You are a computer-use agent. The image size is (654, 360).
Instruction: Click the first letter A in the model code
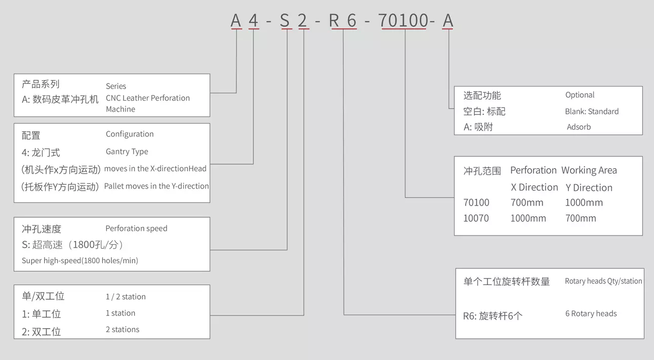236,21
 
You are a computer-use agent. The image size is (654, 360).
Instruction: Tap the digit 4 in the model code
254,21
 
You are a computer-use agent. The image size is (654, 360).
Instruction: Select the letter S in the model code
285,21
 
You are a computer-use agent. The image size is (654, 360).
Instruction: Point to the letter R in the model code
334,21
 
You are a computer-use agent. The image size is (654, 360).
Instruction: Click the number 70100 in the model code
403,21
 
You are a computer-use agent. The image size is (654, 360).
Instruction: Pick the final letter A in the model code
447,21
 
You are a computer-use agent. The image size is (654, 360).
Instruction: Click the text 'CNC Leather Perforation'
148,98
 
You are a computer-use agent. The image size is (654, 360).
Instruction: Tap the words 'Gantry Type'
127,151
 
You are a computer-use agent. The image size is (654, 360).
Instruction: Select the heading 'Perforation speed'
136,228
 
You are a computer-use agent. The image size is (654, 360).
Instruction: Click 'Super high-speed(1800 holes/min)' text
80,261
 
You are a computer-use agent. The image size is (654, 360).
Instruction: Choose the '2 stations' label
122,330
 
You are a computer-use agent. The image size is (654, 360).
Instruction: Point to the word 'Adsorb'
579,127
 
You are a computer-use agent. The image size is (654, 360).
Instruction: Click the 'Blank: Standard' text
592,111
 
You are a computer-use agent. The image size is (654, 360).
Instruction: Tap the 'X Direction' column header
535,187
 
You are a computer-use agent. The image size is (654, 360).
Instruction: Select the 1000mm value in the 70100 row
584,203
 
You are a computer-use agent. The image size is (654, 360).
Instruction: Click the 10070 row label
476,218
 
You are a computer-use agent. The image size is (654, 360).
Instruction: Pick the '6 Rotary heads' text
591,313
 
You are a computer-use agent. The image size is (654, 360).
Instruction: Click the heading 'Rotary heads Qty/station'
603,281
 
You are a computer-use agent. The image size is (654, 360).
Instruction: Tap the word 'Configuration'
130,134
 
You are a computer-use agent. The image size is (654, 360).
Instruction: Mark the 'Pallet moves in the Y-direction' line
156,186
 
